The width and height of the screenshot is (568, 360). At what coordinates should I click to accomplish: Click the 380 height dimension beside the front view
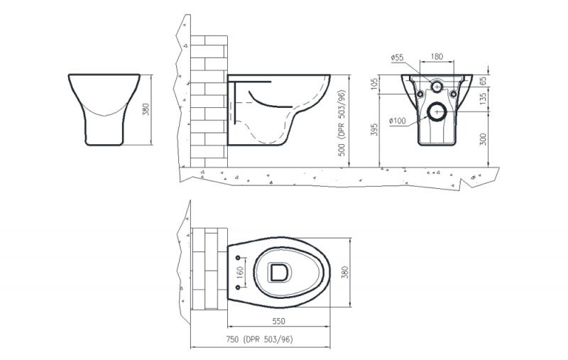[146, 109]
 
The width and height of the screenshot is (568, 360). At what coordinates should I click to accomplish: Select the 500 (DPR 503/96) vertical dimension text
[342, 123]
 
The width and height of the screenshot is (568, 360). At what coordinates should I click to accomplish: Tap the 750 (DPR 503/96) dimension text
[259, 339]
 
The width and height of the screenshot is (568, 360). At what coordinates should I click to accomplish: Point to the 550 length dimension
[278, 321]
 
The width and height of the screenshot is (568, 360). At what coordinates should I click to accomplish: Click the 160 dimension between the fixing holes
[240, 272]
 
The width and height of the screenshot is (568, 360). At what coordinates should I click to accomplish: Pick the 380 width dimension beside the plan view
[344, 272]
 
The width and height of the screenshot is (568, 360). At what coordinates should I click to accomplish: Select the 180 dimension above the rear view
[437, 57]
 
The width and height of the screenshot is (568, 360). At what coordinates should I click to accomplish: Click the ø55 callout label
[398, 58]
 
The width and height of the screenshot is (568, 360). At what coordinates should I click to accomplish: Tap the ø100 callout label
[398, 121]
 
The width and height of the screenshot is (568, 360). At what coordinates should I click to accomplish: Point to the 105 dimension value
[375, 84]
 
